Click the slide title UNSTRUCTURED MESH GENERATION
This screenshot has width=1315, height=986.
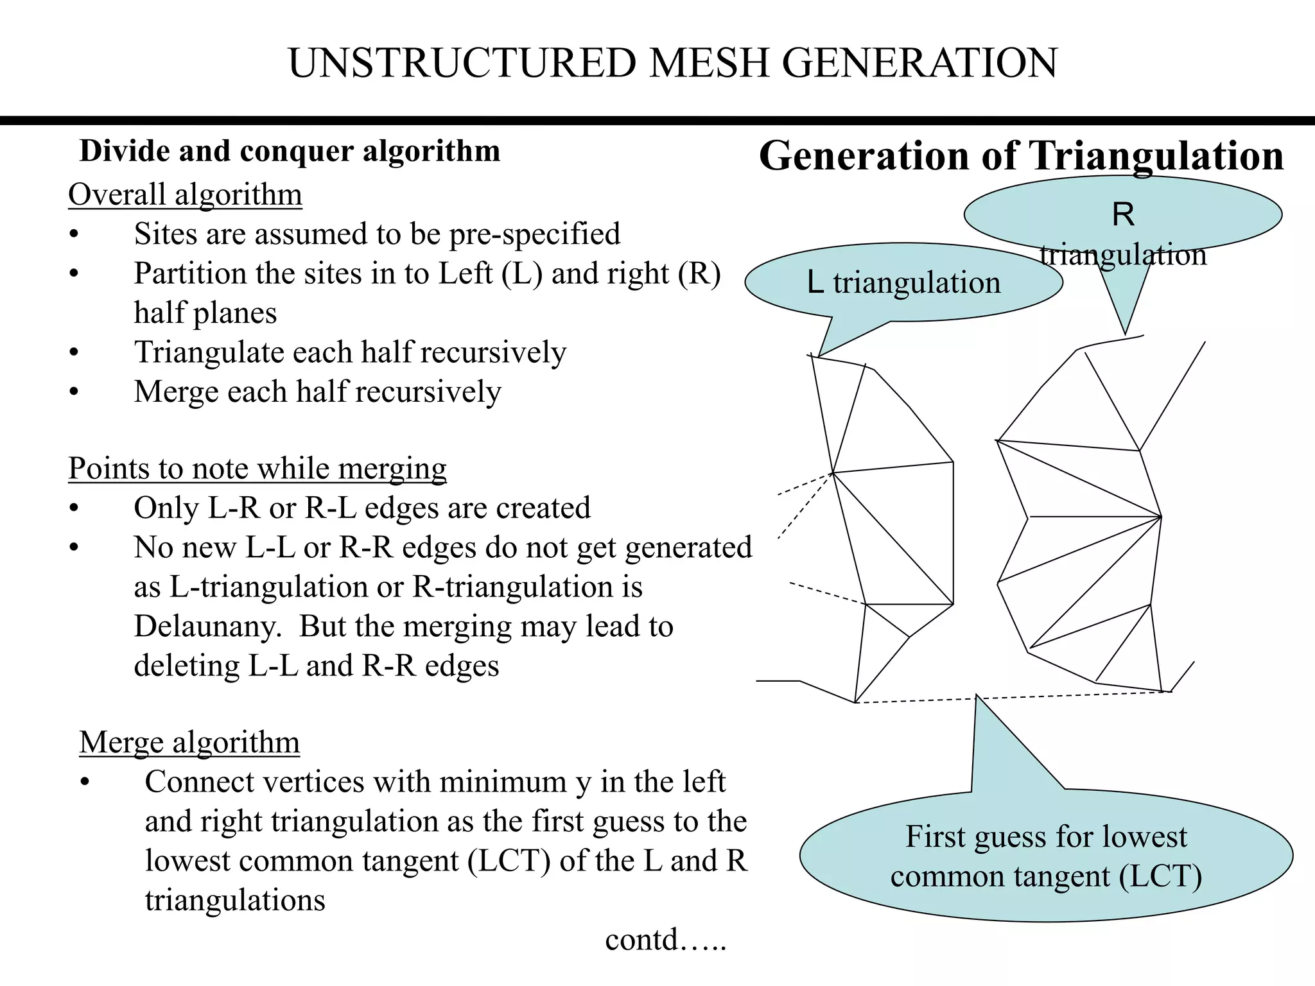[x=672, y=64]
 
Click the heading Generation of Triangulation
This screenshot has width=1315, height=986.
[x=1021, y=156]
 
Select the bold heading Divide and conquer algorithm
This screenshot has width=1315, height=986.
[x=290, y=151]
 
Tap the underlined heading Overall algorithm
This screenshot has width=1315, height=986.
[x=185, y=195]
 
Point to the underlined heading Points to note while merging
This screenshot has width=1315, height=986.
[x=257, y=469]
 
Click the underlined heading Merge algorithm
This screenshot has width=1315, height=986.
[x=189, y=743]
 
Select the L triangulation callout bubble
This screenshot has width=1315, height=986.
[x=903, y=282]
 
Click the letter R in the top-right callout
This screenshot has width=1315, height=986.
[x=1123, y=214]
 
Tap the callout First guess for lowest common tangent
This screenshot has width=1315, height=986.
[x=1046, y=856]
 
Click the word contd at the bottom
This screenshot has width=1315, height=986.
[x=642, y=940]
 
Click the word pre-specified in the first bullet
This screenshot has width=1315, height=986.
[x=534, y=234]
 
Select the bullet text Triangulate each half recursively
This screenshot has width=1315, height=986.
[x=350, y=352]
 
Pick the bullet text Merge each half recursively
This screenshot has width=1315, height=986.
[x=317, y=392]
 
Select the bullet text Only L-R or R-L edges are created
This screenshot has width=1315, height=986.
[x=361, y=508]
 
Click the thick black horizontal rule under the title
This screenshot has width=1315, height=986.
[x=657, y=121]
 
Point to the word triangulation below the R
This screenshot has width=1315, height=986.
[x=1123, y=255]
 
